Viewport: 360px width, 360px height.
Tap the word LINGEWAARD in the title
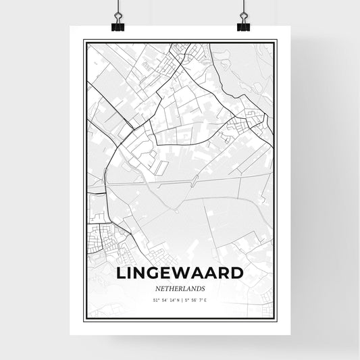tap(180, 274)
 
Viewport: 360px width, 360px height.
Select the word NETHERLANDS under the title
tap(180, 288)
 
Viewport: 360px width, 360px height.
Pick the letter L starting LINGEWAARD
tap(122, 274)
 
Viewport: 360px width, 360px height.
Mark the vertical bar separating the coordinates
tap(180, 299)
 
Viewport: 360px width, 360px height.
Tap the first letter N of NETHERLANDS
tap(158, 288)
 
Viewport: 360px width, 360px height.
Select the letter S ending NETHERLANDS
tap(202, 288)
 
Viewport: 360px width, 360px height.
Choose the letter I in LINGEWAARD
tap(130, 274)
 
